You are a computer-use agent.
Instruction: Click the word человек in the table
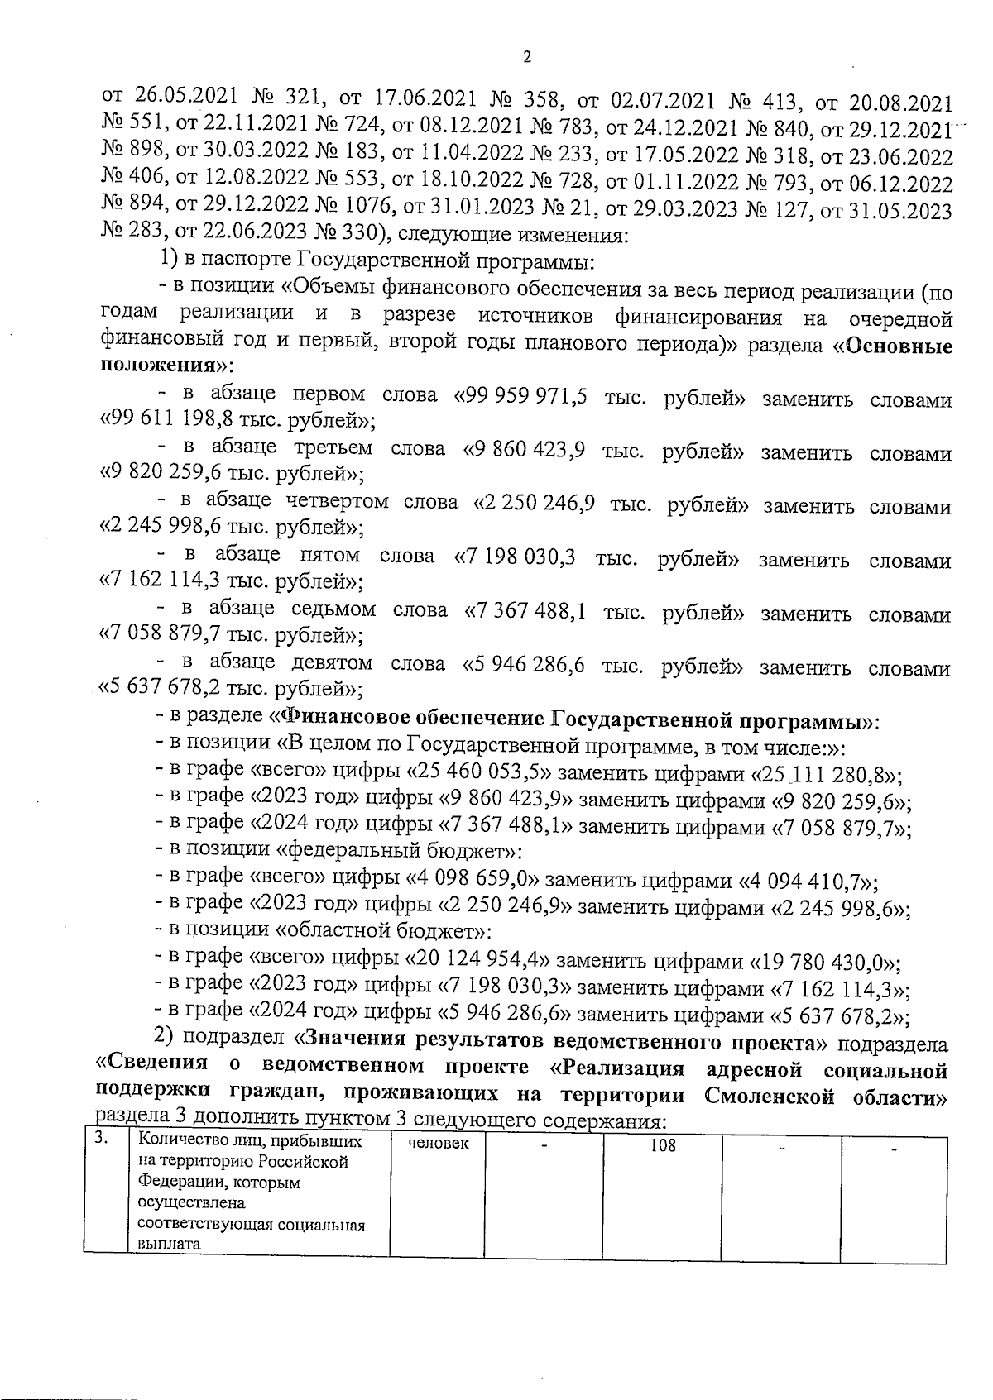pos(438,1143)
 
